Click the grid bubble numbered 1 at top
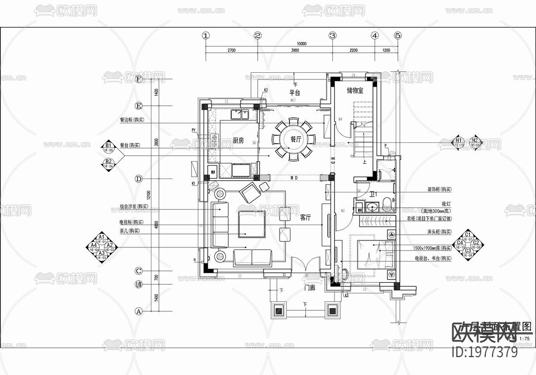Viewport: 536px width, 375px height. pos(205,36)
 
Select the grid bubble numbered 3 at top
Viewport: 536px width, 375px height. pos(332,36)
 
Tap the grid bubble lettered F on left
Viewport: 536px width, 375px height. pos(138,79)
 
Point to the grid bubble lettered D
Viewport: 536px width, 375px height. pos(138,179)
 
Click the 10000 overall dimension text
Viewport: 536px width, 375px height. pos(301,44)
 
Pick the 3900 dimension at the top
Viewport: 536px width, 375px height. pos(294,51)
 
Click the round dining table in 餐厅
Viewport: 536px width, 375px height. pos(295,139)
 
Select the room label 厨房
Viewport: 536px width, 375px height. pos(238,140)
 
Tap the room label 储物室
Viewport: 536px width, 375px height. pos(355,91)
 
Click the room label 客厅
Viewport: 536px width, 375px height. pos(305,218)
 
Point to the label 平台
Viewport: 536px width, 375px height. pos(294,93)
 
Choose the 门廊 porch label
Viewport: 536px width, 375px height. pos(310,288)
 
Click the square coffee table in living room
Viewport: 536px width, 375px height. pos(251,224)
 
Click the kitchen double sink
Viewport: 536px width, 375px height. pos(240,115)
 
